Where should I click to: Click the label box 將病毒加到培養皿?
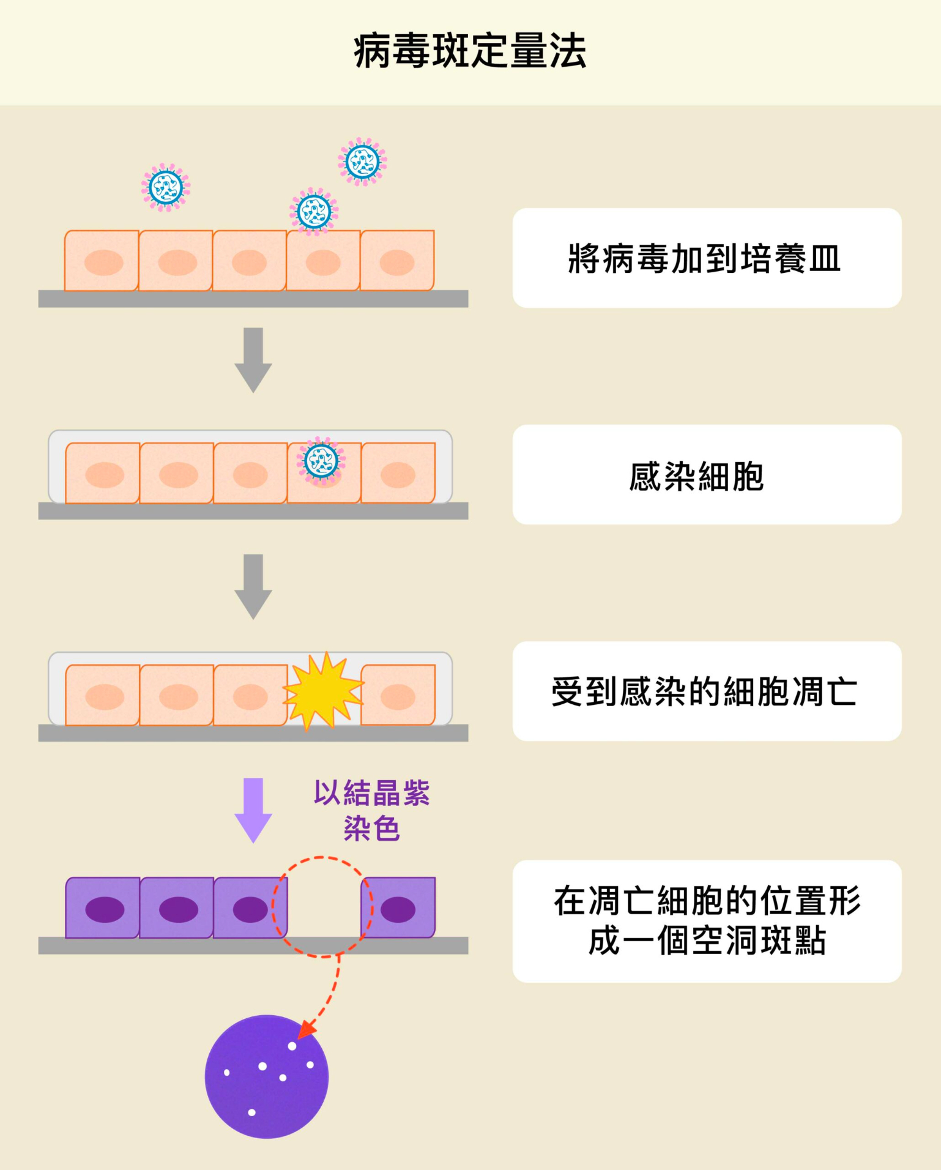click(x=707, y=258)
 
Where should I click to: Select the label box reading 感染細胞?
click(x=707, y=475)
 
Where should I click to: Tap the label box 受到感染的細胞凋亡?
click(x=707, y=691)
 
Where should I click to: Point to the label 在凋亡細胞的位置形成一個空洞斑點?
click(x=707, y=921)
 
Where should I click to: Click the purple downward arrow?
click(x=253, y=810)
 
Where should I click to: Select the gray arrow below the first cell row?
click(x=253, y=359)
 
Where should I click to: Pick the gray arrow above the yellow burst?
click(x=253, y=586)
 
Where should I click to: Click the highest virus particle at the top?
click(x=362, y=162)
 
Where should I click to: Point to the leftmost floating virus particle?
click(x=166, y=187)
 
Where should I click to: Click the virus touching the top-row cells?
click(x=314, y=212)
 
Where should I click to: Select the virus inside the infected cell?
click(x=321, y=461)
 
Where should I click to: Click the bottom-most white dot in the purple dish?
click(x=251, y=1112)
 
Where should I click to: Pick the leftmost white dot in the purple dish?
click(x=227, y=1073)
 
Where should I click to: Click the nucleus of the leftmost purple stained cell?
click(x=105, y=909)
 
